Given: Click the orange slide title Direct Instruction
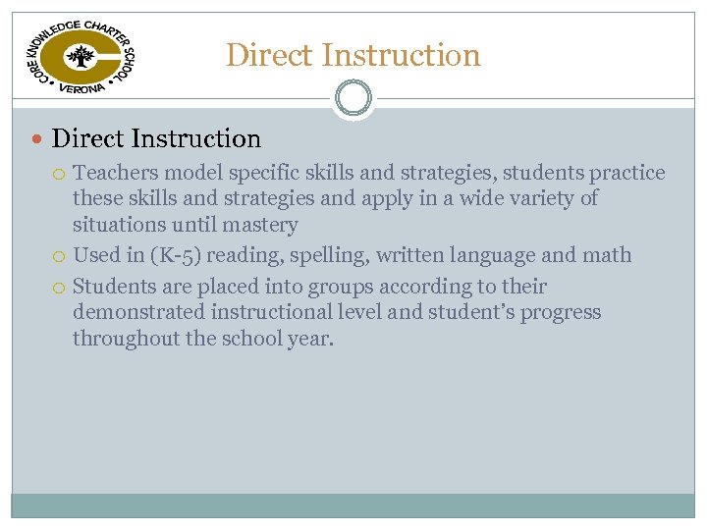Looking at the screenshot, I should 353,55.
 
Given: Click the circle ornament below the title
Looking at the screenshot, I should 353,98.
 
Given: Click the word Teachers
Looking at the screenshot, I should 116,173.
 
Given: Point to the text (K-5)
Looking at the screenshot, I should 178,255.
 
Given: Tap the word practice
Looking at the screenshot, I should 626,173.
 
